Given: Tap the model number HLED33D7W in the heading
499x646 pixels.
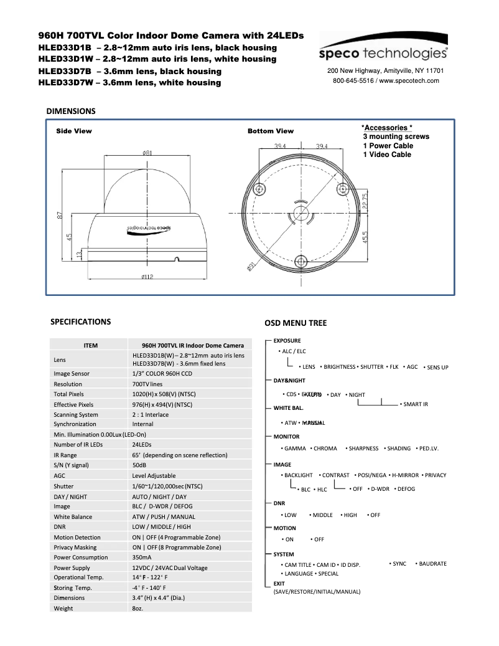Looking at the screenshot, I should point(64,82).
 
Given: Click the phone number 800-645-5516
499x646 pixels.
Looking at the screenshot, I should point(353,81).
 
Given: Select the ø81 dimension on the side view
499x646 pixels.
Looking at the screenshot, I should point(148,153).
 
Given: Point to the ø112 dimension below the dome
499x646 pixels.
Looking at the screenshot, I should point(147,277).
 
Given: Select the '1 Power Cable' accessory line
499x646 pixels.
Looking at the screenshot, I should point(388,146).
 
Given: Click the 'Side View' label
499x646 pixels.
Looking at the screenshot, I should point(74,131).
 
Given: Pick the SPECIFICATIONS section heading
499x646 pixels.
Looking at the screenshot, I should point(80,322).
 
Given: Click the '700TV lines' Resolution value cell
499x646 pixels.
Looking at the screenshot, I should point(147,384).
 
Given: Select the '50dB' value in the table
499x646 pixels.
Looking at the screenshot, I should point(139,465).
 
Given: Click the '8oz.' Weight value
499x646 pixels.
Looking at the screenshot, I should point(138,607).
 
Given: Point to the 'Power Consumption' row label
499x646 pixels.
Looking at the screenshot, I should point(81,557).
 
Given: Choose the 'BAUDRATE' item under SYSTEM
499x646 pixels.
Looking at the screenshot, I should point(432,564).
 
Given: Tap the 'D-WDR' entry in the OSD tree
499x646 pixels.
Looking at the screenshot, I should point(380,489).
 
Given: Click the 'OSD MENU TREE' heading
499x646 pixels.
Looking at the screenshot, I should point(296,323).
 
